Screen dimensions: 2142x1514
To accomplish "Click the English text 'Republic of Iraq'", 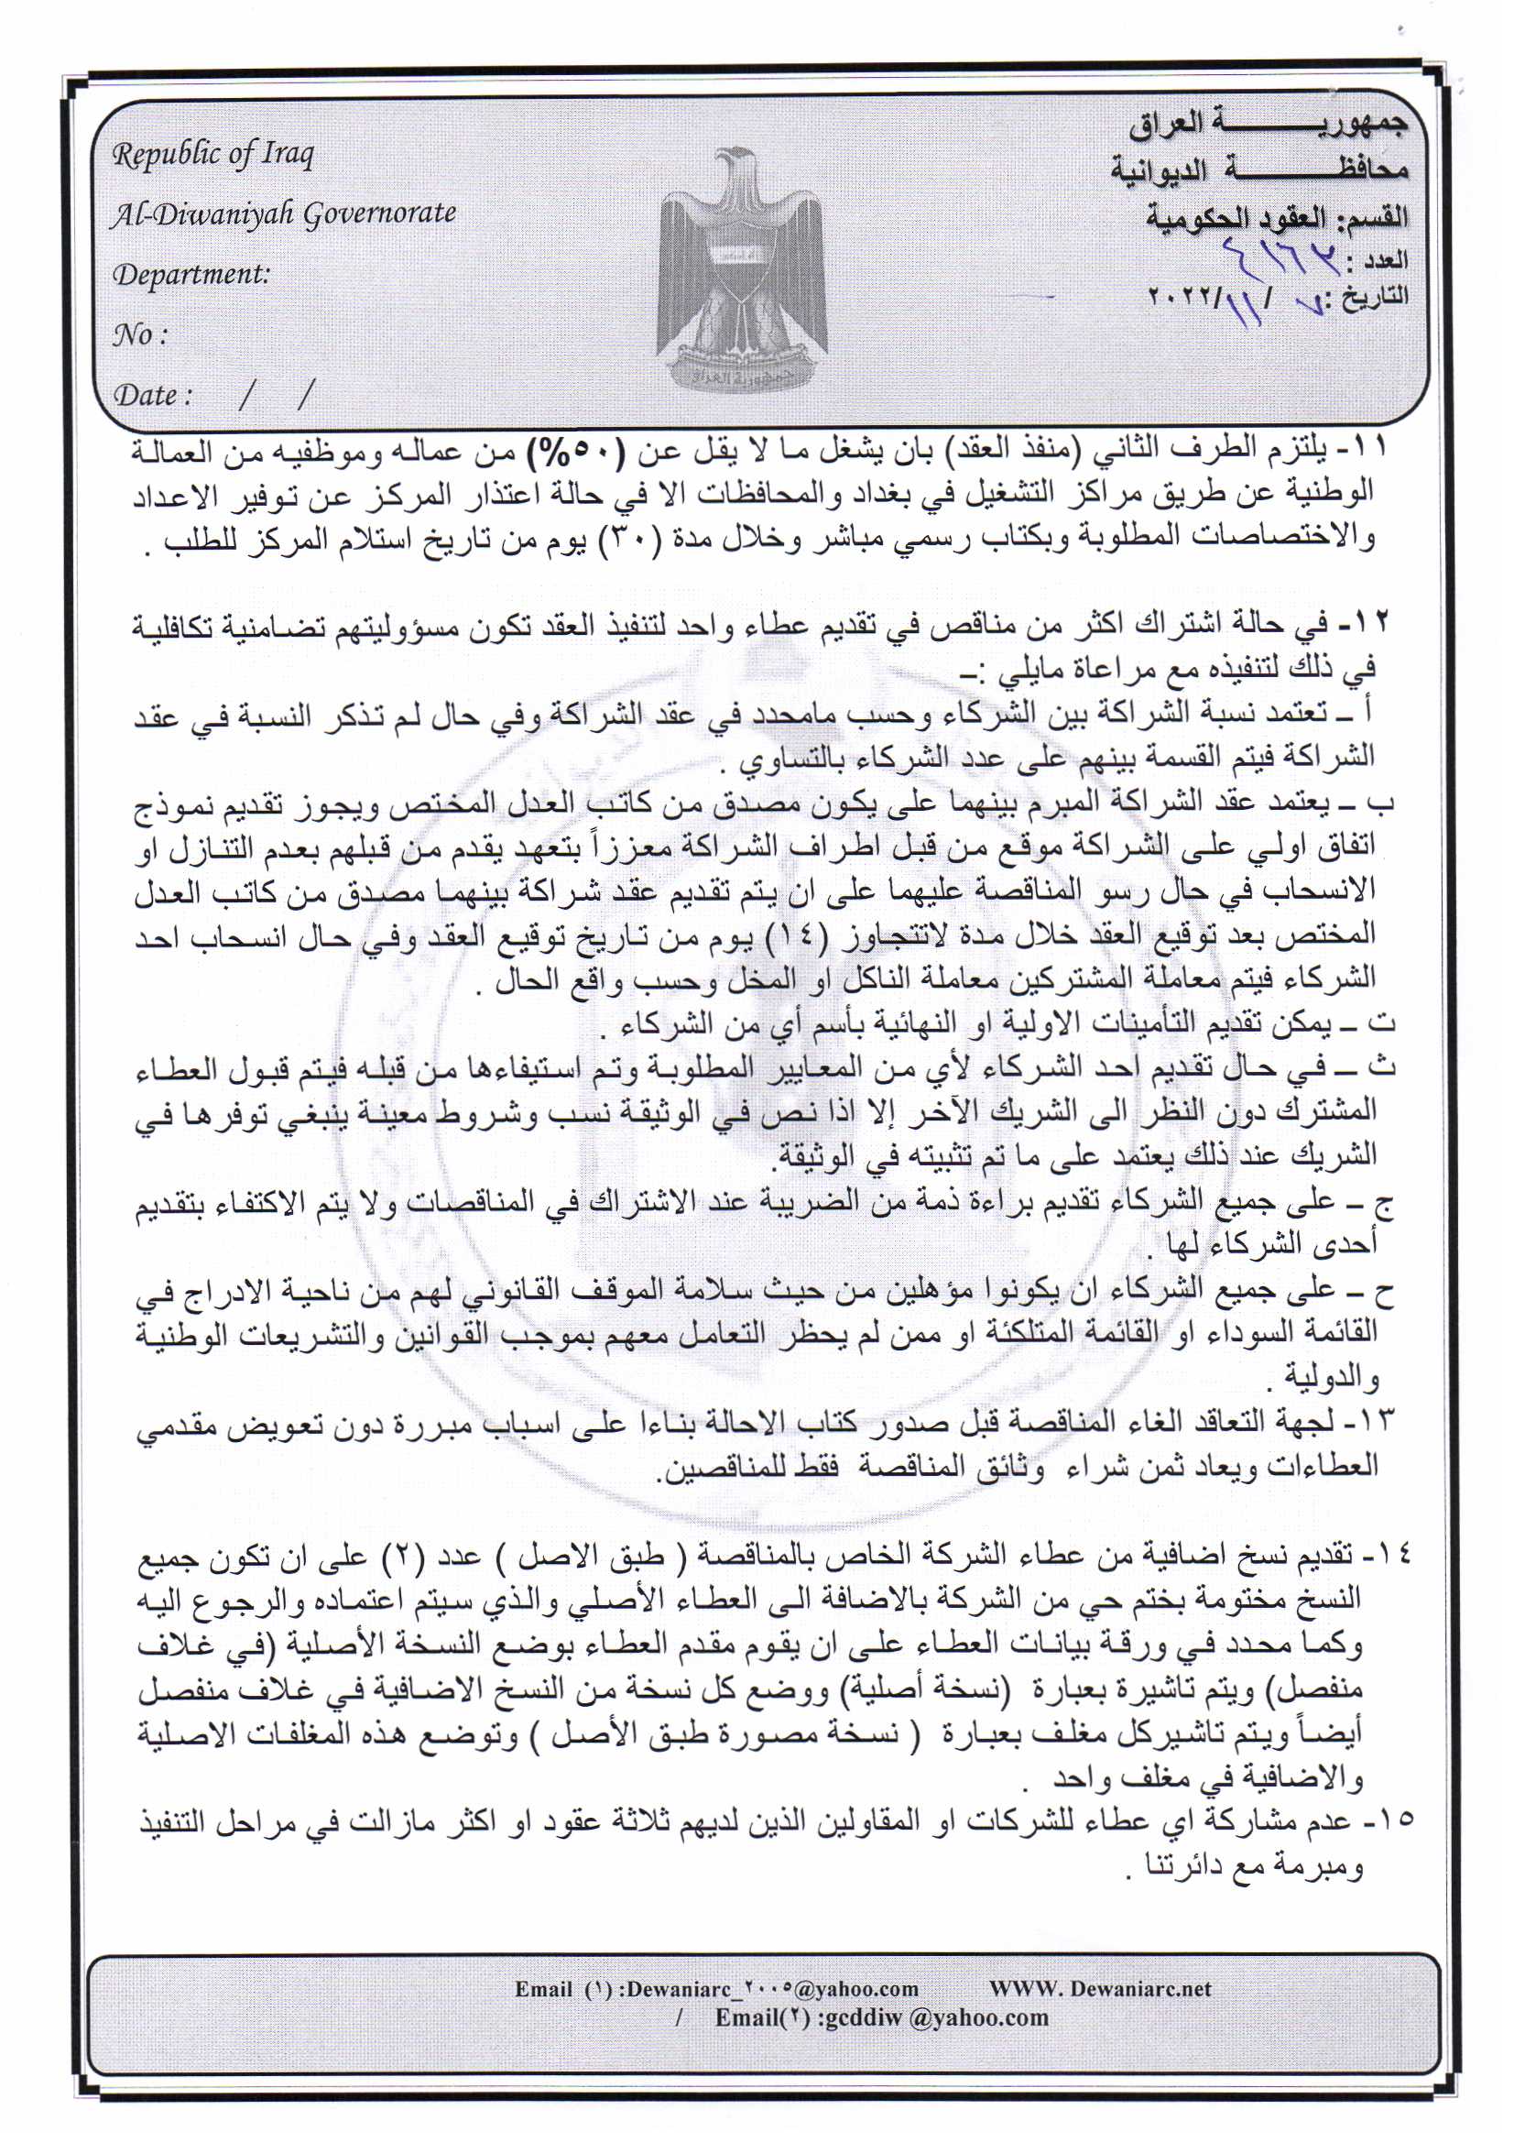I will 212,154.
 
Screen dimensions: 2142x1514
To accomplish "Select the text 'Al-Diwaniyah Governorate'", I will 284,214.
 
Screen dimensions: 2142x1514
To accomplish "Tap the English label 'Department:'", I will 191,274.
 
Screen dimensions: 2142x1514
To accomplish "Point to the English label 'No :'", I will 140,334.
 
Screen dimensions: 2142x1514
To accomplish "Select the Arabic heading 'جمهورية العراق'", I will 1269,124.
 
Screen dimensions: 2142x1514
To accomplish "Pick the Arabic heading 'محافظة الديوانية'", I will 1258,169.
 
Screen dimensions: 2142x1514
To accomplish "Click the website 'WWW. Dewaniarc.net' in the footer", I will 1101,1988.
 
